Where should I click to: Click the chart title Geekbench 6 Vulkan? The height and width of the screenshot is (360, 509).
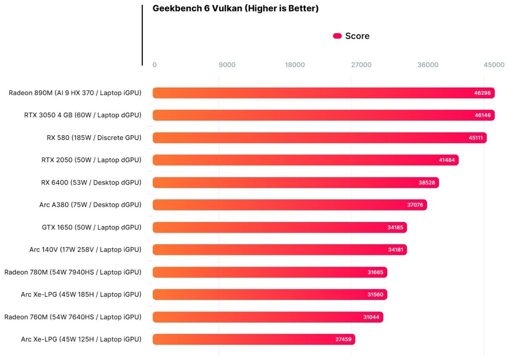pos(235,8)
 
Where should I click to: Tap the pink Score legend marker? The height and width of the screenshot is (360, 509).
pos(337,36)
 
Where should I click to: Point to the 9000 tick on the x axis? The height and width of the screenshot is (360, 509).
pos(227,65)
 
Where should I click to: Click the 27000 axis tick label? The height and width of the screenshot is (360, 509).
pos(361,65)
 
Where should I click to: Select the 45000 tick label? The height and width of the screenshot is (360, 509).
pos(494,65)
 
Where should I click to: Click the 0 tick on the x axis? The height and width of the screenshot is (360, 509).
pos(154,65)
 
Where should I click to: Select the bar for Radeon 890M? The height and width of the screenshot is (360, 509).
pos(310,93)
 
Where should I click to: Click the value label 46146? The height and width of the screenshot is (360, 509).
pos(482,115)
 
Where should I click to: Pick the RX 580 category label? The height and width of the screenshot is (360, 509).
pos(94,138)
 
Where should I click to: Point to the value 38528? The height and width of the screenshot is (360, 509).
pos(427,183)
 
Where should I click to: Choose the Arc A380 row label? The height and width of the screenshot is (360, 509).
pos(90,205)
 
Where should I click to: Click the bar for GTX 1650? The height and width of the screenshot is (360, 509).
pos(270,227)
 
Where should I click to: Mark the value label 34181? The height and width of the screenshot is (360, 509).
pos(395,250)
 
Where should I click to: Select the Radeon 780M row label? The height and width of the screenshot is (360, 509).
pos(73,272)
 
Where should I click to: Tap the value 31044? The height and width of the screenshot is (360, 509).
pos(371,317)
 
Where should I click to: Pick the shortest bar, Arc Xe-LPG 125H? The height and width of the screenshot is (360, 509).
pos(247,339)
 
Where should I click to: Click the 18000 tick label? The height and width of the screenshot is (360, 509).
pos(295,65)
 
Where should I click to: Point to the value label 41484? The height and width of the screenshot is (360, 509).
pos(447,160)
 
